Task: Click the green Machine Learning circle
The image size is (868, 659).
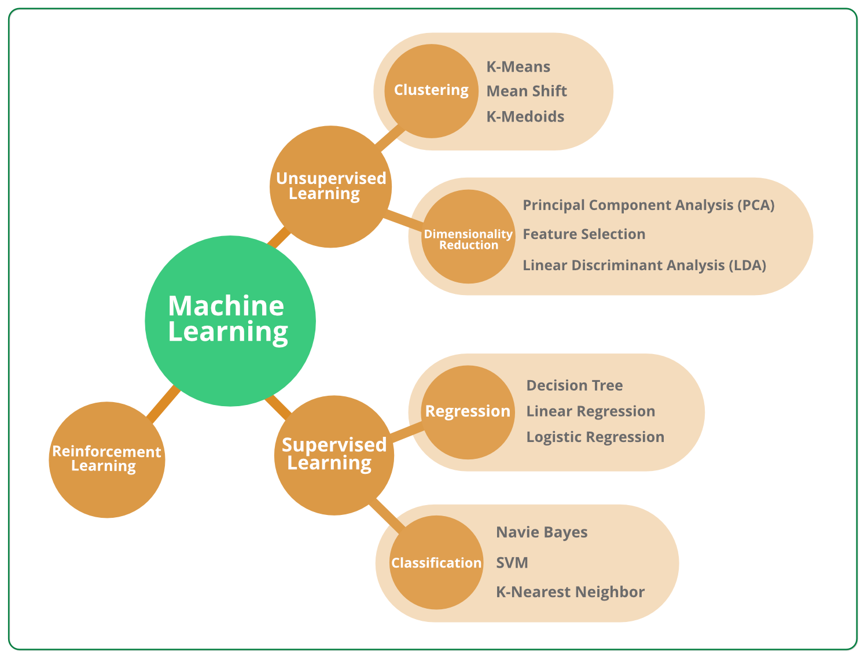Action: [230, 321]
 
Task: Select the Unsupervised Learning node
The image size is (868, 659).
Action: [331, 186]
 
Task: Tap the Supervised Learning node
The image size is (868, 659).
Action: [334, 455]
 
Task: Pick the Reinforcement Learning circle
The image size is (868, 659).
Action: [107, 459]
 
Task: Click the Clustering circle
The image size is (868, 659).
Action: [432, 91]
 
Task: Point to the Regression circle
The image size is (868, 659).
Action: [468, 412]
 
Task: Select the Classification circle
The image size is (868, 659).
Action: [436, 562]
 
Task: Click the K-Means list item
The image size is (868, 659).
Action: [518, 67]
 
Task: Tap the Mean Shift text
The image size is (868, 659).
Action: [527, 91]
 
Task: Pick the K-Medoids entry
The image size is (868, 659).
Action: [525, 116]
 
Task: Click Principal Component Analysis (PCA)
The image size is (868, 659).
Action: [648, 205]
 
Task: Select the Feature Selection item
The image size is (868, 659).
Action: [584, 234]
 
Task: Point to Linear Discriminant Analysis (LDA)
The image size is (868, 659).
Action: [644, 266]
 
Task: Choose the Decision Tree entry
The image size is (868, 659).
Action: [574, 386]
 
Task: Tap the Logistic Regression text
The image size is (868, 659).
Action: [595, 437]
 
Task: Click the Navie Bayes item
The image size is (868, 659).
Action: [542, 532]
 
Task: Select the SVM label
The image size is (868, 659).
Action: [512, 562]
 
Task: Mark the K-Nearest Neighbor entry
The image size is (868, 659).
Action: [570, 592]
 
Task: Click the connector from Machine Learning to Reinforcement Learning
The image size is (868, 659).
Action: [164, 403]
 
